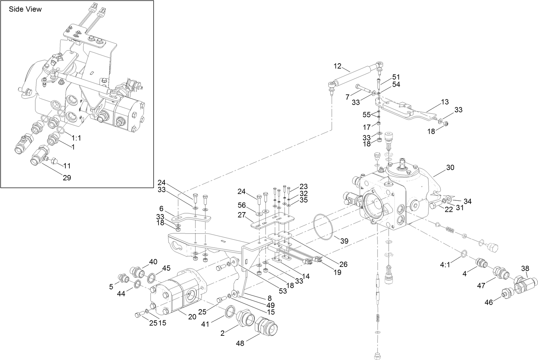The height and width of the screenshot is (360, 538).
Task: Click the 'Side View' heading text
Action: click(x=25, y=9)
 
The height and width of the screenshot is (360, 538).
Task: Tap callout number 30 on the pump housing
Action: click(x=450, y=168)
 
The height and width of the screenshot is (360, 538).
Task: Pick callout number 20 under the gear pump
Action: click(x=192, y=317)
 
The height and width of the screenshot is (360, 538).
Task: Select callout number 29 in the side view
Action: click(x=67, y=178)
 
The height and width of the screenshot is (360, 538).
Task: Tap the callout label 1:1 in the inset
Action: click(x=76, y=138)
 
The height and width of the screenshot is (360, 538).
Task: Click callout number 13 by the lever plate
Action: click(x=445, y=102)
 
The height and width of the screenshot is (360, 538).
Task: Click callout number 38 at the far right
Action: click(x=525, y=269)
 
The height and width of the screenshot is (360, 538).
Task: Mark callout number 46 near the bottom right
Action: click(x=489, y=303)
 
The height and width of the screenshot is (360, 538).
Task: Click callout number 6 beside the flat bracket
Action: click(x=161, y=208)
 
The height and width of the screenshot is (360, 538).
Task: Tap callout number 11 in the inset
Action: click(x=67, y=166)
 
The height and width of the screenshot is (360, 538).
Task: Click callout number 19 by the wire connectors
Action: click(x=337, y=272)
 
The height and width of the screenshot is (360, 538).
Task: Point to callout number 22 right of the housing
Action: click(x=448, y=210)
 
